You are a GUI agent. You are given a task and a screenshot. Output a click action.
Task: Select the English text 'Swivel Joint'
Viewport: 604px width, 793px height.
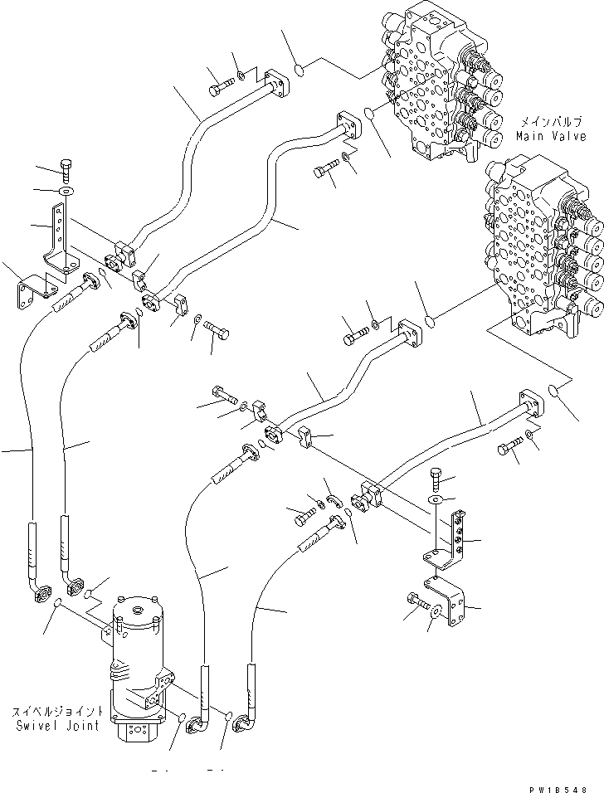coord(59,725)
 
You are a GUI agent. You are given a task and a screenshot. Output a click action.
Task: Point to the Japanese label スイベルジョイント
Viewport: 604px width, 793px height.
coord(58,712)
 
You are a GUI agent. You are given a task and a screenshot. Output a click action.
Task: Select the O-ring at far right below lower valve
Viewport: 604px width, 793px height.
coord(555,391)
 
